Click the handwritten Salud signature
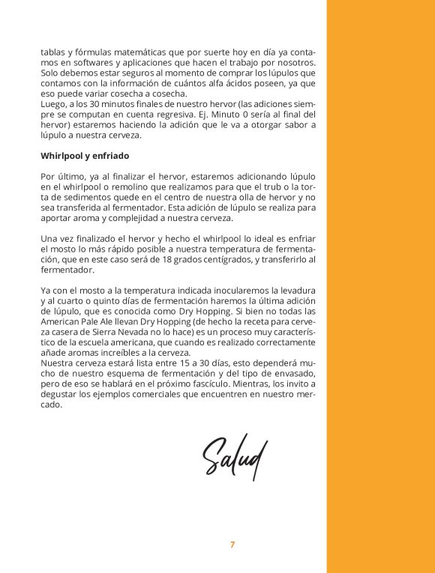pos(234,454)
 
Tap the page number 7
pos(232,545)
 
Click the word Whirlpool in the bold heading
pos(63,156)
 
